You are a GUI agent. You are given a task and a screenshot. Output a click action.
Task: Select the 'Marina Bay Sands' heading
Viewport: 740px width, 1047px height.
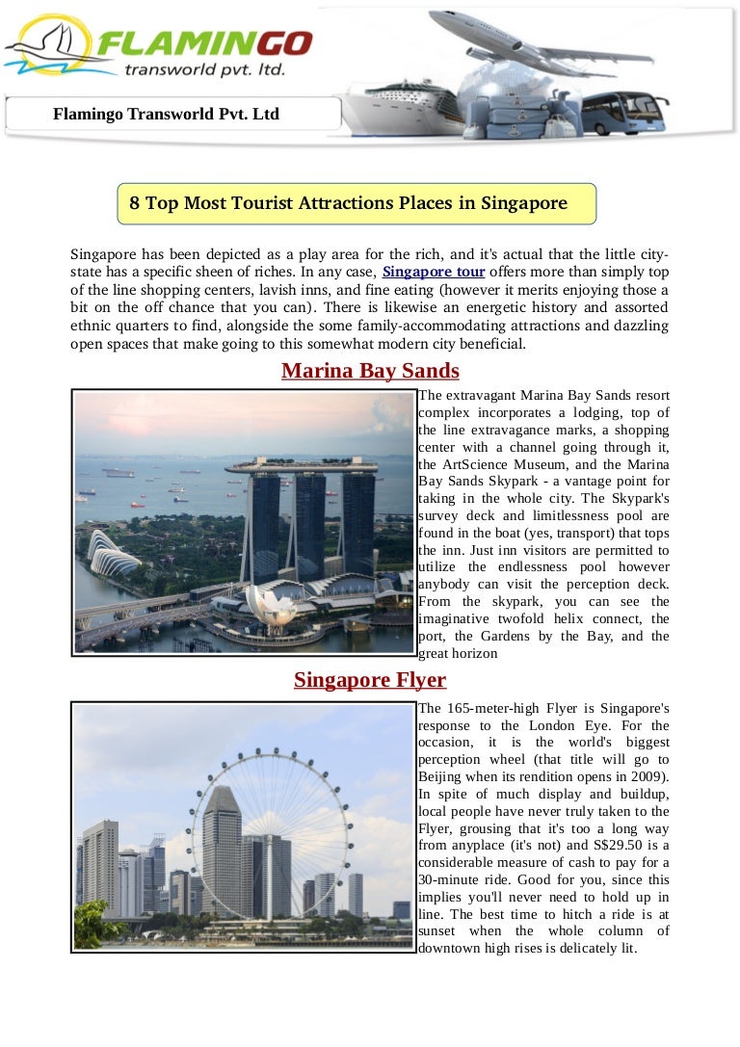click(370, 371)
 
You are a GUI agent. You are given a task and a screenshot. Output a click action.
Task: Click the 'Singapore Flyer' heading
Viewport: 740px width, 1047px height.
click(370, 680)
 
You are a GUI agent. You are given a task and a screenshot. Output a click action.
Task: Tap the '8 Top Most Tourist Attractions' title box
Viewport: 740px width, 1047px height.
click(357, 203)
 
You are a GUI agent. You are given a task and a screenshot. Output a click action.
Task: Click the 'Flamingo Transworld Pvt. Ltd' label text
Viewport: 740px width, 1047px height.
click(166, 115)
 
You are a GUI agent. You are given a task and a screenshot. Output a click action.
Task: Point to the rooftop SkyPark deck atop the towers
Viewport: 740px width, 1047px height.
click(301, 467)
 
